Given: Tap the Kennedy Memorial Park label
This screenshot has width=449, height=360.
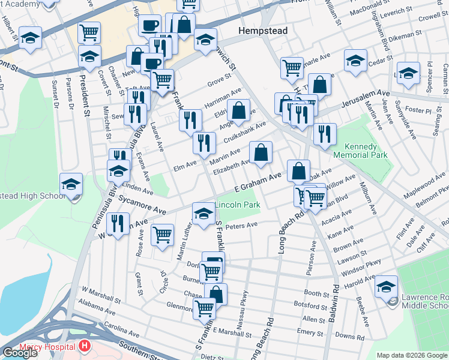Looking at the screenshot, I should (x=366, y=151).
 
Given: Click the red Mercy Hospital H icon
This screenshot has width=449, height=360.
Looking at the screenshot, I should (x=85, y=346).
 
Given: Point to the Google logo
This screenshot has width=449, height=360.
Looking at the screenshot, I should (x=20, y=353).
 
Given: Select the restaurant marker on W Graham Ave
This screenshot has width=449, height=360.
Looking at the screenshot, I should (x=118, y=224).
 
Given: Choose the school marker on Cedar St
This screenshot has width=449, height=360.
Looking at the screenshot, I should (x=355, y=61).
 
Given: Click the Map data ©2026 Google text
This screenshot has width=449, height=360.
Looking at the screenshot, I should (x=411, y=355).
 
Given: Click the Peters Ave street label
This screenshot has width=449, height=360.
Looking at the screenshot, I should (x=244, y=225).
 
